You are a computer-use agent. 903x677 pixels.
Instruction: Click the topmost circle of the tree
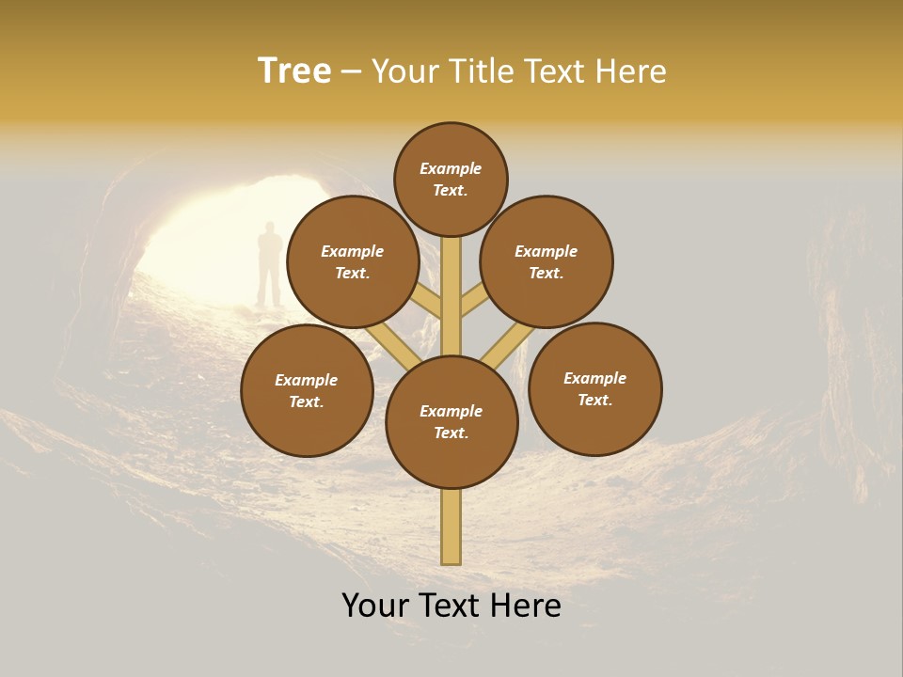[x=451, y=179]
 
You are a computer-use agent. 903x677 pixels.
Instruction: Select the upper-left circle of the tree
[x=352, y=261]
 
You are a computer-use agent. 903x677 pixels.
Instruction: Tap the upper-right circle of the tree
[x=547, y=261]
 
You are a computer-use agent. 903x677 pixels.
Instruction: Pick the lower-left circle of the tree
[x=307, y=390]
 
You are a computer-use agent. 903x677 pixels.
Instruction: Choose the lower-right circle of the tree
[x=594, y=388]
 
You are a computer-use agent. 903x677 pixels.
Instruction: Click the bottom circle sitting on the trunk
[x=451, y=422]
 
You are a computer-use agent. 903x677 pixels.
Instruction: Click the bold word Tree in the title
[x=294, y=71]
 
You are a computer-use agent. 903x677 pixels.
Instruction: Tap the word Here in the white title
[x=630, y=71]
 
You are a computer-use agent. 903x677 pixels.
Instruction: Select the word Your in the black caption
[x=375, y=606]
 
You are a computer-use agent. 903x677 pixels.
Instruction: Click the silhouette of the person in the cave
[x=270, y=264]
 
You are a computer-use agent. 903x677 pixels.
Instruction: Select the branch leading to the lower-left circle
[x=393, y=344]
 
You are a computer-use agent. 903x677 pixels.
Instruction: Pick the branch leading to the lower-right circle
[x=508, y=346]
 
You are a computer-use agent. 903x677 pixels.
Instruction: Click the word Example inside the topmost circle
[x=451, y=168]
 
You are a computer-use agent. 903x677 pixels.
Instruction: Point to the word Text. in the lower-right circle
[x=594, y=400]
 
